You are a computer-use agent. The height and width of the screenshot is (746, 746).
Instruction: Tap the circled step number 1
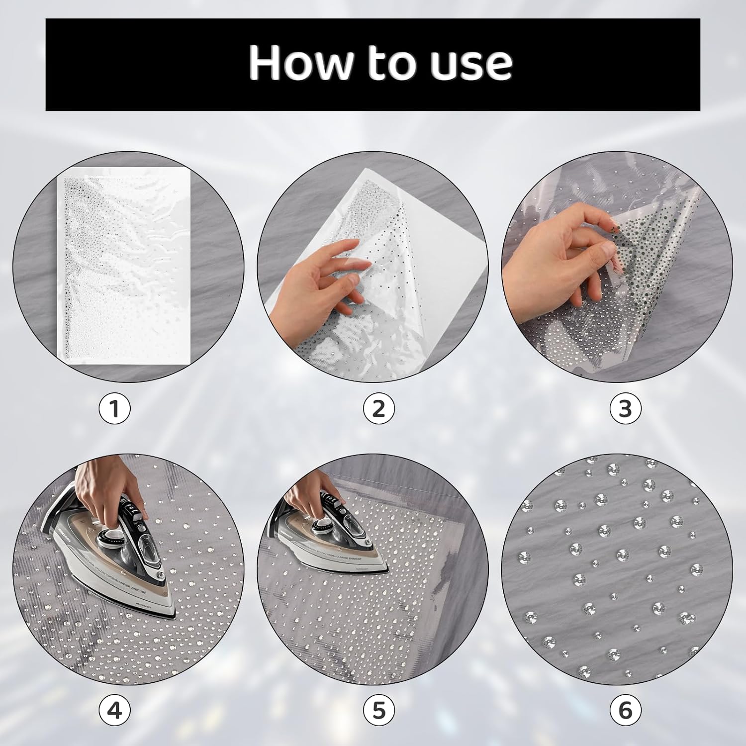[114, 409]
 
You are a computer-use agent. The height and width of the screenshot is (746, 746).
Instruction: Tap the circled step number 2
[378, 409]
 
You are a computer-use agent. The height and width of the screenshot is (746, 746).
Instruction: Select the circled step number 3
[625, 409]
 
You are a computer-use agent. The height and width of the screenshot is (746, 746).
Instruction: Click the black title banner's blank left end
[124, 65]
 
